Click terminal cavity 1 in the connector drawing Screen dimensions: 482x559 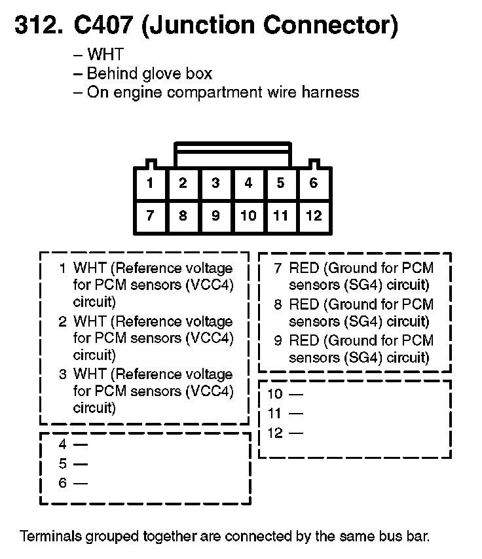(150, 183)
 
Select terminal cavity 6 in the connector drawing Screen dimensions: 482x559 (314, 183)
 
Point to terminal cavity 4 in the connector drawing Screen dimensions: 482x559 (248, 183)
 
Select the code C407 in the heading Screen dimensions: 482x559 (103, 26)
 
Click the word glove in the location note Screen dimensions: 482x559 (159, 74)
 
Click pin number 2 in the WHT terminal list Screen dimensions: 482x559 (62, 321)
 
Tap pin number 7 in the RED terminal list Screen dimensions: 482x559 (278, 268)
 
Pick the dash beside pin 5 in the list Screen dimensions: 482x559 (81, 464)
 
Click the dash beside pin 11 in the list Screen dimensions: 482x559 (296, 414)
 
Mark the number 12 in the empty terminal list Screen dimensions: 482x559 (275, 433)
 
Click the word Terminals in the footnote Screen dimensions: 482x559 (50, 536)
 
